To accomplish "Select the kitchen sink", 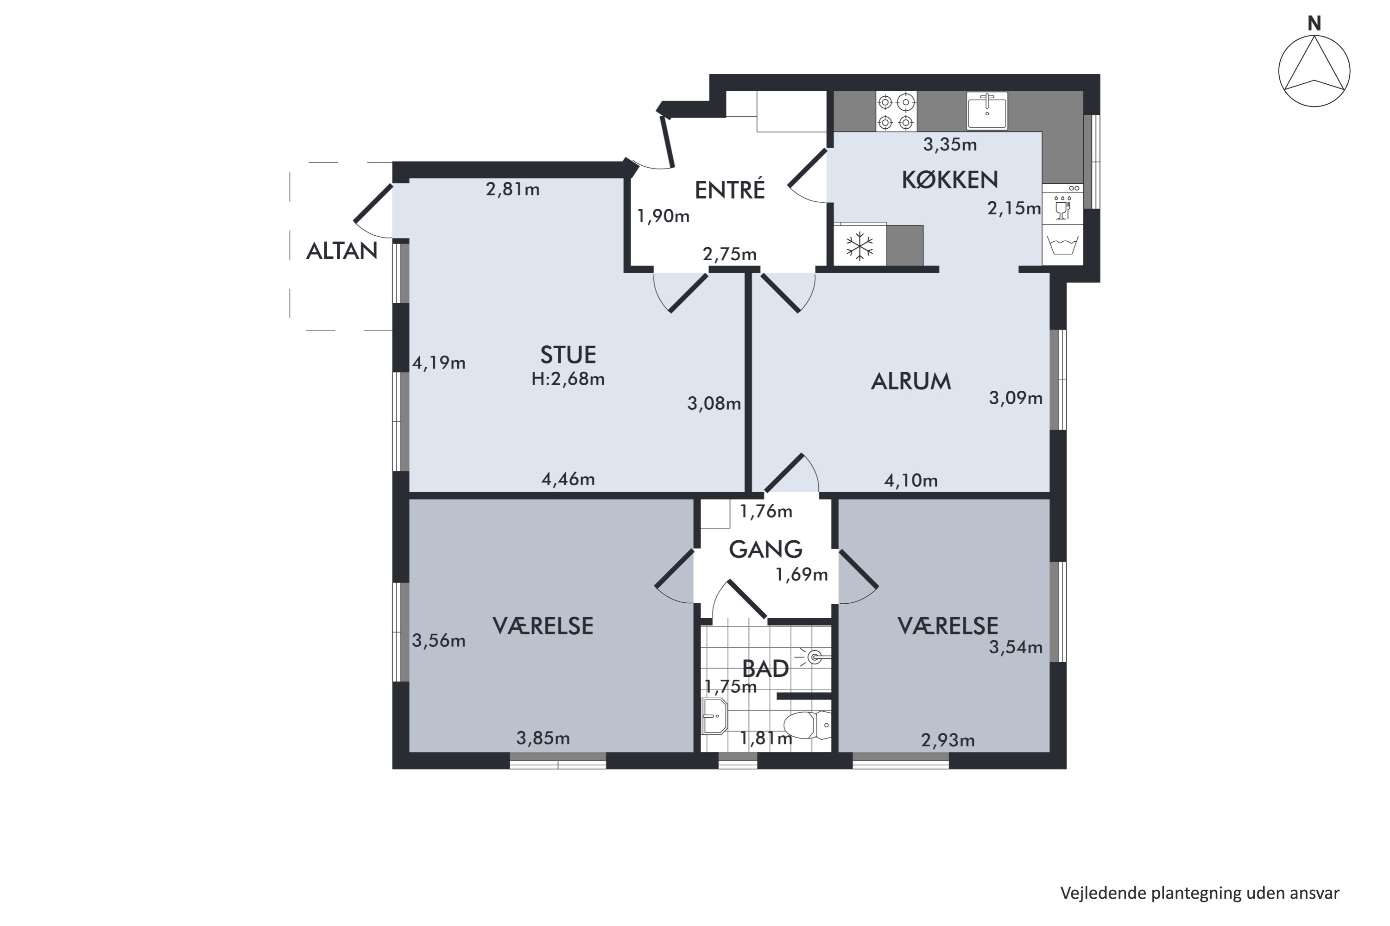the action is [986, 111].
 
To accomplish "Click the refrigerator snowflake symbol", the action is [859, 246].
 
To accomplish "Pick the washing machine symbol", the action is [1062, 244].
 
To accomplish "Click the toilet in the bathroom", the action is [807, 725].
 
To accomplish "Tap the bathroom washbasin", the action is [714, 716].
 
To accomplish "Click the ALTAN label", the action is [341, 251].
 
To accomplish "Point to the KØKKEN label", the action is [950, 180].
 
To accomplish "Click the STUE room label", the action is [568, 355].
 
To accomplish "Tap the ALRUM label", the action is [911, 382].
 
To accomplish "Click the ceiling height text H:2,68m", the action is [568, 379].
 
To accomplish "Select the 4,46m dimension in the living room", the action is [568, 479].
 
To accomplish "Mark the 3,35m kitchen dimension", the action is [950, 144].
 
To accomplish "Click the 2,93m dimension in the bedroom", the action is [948, 740].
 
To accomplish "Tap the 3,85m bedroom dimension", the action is [543, 738].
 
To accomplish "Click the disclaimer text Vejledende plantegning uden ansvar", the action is [1200, 894].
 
